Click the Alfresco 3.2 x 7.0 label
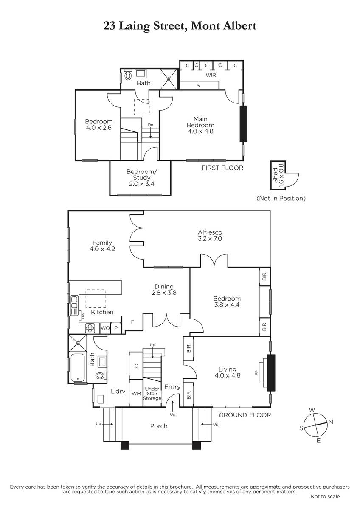pyautogui.click(x=210, y=235)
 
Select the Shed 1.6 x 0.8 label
pyautogui.click(x=278, y=176)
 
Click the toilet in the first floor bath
pyautogui.click(x=128, y=75)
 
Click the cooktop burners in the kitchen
pyautogui.click(x=90, y=328)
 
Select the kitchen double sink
pyautogui.click(x=74, y=305)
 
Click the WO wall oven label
pyautogui.click(x=105, y=328)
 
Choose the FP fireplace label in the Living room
pyautogui.click(x=256, y=372)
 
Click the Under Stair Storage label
pyautogui.click(x=152, y=394)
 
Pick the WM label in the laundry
pyautogui.click(x=136, y=394)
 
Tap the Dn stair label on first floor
pyautogui.click(x=151, y=125)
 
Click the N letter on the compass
pyautogui.click(x=331, y=422)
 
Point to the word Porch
pyautogui.click(x=159, y=426)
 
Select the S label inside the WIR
pyautogui.click(x=198, y=86)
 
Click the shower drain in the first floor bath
pyautogui.click(x=169, y=79)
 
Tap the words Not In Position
pyautogui.click(x=281, y=198)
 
